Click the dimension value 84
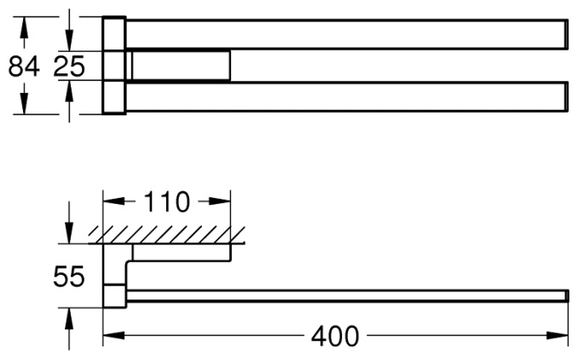click(24, 67)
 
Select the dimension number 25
click(69, 67)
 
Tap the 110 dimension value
click(166, 202)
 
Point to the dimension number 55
click(69, 276)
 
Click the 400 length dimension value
click(335, 336)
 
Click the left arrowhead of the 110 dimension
click(113, 201)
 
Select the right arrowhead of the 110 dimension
click(220, 201)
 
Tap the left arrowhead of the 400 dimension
click(113, 335)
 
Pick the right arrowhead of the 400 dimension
click(558, 335)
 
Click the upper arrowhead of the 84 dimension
click(24, 27)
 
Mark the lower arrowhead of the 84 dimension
click(24, 103)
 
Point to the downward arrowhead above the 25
click(69, 40)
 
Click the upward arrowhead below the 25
click(69, 90)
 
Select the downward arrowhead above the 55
click(69, 233)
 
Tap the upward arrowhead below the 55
click(69, 318)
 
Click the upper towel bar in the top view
click(346, 34)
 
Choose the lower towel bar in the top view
click(346, 96)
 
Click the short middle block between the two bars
click(181, 66)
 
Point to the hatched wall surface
click(166, 235)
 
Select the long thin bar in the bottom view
click(347, 296)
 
